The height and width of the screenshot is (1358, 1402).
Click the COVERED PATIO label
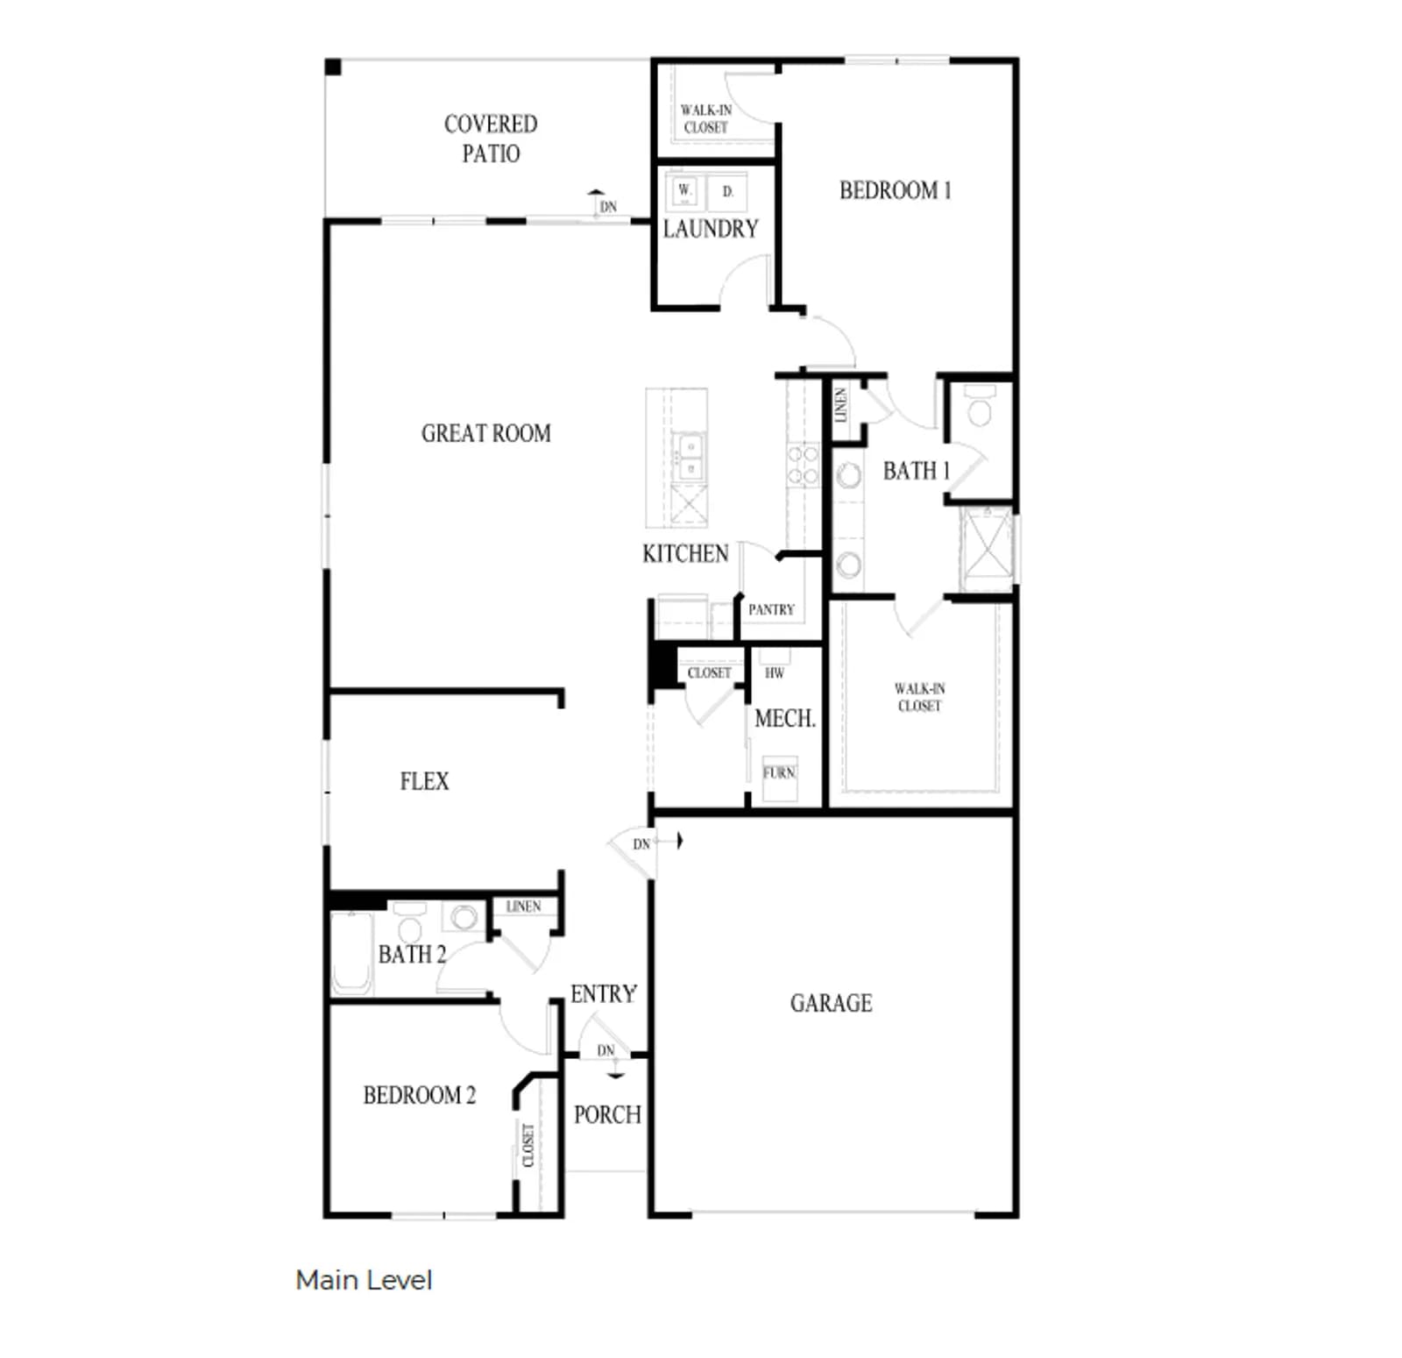[491, 139]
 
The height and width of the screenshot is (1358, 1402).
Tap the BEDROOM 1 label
[895, 190]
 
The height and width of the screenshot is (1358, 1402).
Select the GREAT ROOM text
[486, 433]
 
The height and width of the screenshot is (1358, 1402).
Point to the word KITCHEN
[685, 553]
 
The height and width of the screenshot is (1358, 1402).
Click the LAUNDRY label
[711, 229]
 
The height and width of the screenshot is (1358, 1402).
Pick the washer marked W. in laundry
[685, 190]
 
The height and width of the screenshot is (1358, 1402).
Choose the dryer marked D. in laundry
[727, 190]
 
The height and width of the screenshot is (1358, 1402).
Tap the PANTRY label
[771, 609]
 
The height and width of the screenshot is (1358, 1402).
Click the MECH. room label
[785, 719]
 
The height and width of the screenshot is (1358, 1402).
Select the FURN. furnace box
[779, 779]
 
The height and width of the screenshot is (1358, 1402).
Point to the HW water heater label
[775, 673]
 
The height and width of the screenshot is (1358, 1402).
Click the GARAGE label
[831, 1003]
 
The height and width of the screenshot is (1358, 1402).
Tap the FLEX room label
[424, 781]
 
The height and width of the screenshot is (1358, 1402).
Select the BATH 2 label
[412, 954]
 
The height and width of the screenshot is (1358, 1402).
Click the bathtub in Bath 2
[351, 953]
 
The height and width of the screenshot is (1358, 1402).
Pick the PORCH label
[607, 1114]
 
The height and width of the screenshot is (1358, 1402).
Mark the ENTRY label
[604, 993]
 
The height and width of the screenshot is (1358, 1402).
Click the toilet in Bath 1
[980, 407]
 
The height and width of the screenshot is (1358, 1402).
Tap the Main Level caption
[364, 1280]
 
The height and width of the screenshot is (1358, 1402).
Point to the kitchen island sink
[689, 457]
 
